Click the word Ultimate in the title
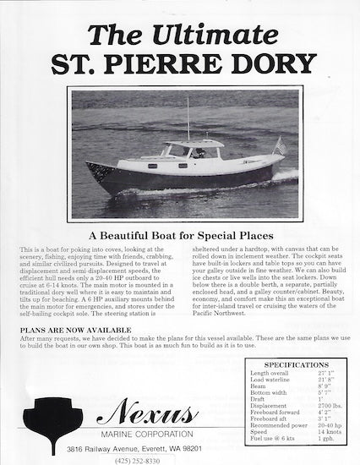coord(211,35)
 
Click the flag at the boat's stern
coord(280,149)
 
